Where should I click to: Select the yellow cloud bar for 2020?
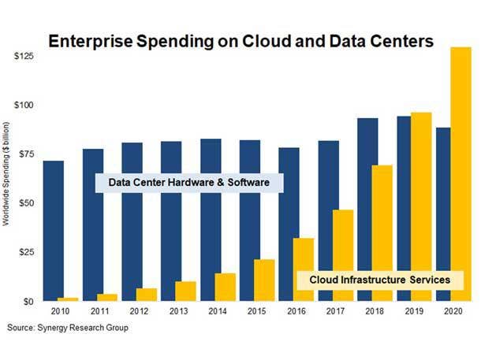click(460, 173)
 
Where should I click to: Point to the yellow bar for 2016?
click(304, 269)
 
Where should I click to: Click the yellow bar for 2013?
click(185, 291)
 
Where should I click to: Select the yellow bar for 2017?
click(343, 255)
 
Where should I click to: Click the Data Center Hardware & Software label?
click(189, 183)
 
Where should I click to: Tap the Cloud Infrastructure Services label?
click(379, 280)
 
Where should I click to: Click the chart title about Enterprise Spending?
click(241, 42)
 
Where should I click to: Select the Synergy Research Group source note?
click(67, 328)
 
